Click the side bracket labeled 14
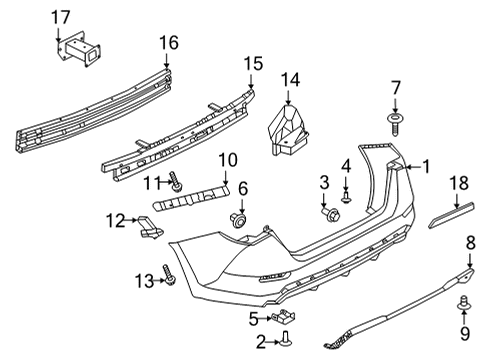(289, 129)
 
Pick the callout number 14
(290, 81)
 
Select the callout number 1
(425, 167)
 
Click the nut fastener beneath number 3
(328, 211)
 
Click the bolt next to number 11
(178, 183)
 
